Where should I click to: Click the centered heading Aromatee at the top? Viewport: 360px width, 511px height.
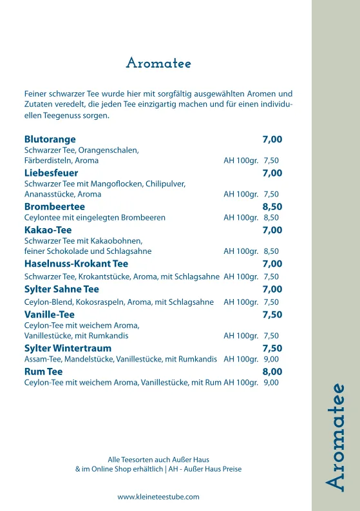158,63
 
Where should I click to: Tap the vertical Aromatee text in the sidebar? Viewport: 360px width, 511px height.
336,438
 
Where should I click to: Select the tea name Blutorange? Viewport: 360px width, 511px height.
50,139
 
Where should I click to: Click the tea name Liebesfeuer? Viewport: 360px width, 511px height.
51,173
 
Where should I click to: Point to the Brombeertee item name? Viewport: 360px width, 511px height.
54,207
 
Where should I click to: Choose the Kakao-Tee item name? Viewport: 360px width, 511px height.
48,230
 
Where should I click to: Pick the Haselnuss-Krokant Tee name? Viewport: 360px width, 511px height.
76,264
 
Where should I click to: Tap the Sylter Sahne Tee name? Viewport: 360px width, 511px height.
61,289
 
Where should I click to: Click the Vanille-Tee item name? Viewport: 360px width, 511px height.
50,314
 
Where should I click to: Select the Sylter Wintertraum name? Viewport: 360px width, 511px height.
68,348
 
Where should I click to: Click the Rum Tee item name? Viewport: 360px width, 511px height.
43,372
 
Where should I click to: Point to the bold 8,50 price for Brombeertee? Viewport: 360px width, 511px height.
272,207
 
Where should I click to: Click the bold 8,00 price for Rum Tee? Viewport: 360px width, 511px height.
272,372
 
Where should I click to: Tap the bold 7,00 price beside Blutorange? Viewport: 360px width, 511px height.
272,139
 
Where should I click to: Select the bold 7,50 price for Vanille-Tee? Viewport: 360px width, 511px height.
272,314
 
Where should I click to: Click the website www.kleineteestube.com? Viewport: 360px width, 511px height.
158,497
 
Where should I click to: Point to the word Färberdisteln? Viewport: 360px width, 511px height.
48,160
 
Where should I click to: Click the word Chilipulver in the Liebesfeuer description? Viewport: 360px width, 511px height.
165,184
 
